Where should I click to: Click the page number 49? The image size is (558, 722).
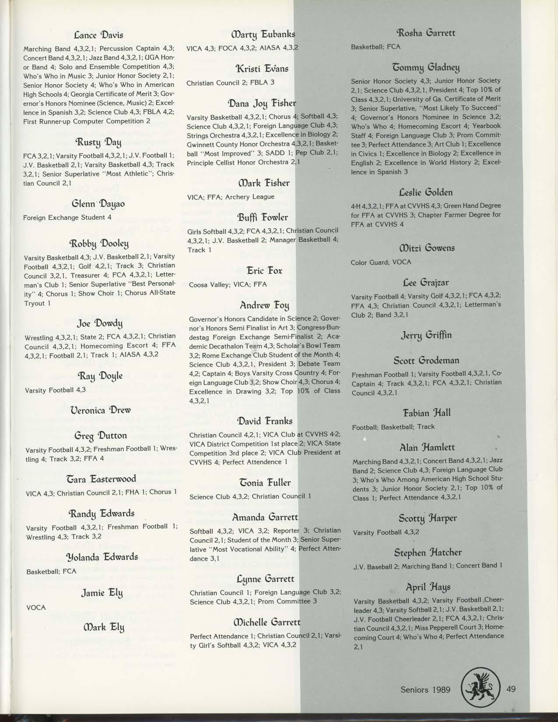click(511, 689)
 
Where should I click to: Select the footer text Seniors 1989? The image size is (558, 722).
click(425, 690)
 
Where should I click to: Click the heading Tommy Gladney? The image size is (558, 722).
click(427, 67)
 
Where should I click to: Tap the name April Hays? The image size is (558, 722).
click(428, 586)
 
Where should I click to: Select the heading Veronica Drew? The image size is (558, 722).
click(100, 410)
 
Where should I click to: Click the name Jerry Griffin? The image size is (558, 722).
click(426, 336)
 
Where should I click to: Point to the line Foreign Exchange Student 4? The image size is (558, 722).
click(67, 217)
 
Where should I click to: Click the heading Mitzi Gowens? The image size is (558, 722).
click(426, 248)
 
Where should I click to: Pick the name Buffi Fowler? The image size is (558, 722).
click(263, 217)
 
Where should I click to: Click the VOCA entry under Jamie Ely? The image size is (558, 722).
click(36, 607)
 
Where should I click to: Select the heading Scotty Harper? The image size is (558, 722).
click(428, 519)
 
